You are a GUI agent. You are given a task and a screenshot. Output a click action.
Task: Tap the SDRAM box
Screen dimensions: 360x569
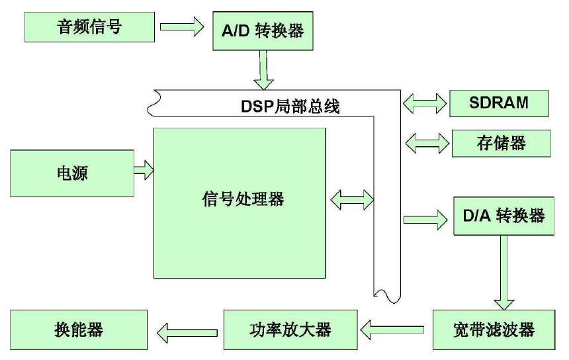499,103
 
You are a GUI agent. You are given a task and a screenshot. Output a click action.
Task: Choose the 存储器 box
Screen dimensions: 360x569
501,143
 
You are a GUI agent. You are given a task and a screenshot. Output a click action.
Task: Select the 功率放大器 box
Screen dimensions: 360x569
290,329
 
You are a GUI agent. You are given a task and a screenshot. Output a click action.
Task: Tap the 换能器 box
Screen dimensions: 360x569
78,329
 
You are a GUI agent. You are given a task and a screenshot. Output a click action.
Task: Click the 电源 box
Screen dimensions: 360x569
71,173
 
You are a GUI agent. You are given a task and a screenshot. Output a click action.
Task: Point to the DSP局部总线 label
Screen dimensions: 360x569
290,107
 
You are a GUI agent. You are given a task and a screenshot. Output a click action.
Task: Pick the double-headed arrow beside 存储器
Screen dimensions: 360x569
425,142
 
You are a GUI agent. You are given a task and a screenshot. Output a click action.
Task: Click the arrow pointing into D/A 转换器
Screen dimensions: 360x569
425,217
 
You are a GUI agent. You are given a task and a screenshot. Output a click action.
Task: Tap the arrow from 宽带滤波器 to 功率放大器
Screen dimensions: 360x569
396,326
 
